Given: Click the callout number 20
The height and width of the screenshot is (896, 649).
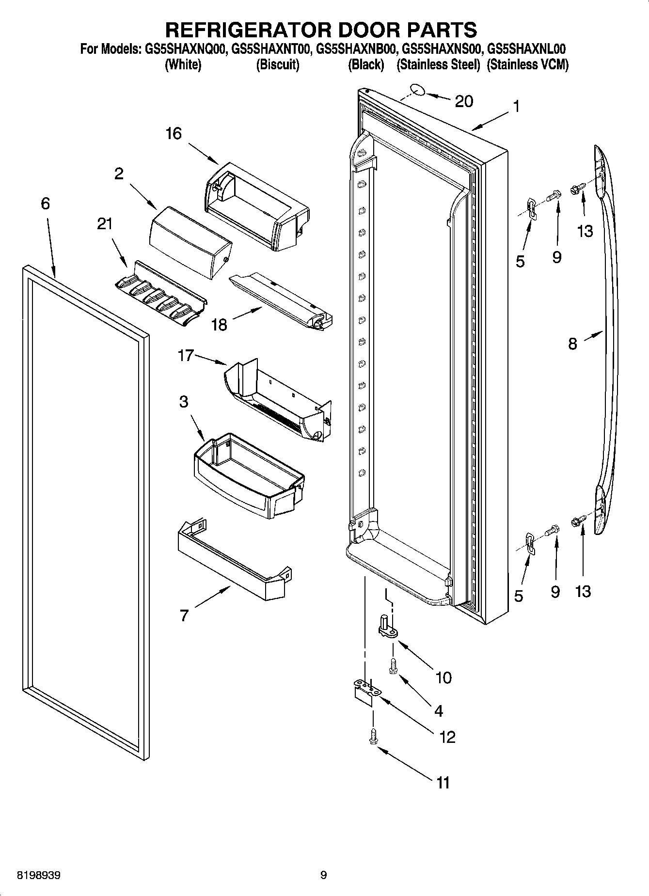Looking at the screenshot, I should point(464,101).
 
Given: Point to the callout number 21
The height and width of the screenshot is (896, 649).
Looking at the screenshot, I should point(105,223).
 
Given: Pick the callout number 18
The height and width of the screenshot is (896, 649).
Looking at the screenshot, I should point(220,324).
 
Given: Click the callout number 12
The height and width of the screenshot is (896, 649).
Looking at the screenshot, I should point(447,737).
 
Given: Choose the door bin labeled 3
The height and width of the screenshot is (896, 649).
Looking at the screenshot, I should point(247,475).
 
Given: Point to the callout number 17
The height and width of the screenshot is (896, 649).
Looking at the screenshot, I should point(186,356).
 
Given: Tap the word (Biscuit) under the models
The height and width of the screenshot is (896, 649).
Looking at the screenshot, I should point(277,64).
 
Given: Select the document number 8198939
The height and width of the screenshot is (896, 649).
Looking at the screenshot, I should point(39,876).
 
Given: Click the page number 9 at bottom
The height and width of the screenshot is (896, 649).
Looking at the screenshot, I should point(323,875).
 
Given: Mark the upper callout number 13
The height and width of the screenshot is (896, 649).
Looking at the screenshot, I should point(585,231).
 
